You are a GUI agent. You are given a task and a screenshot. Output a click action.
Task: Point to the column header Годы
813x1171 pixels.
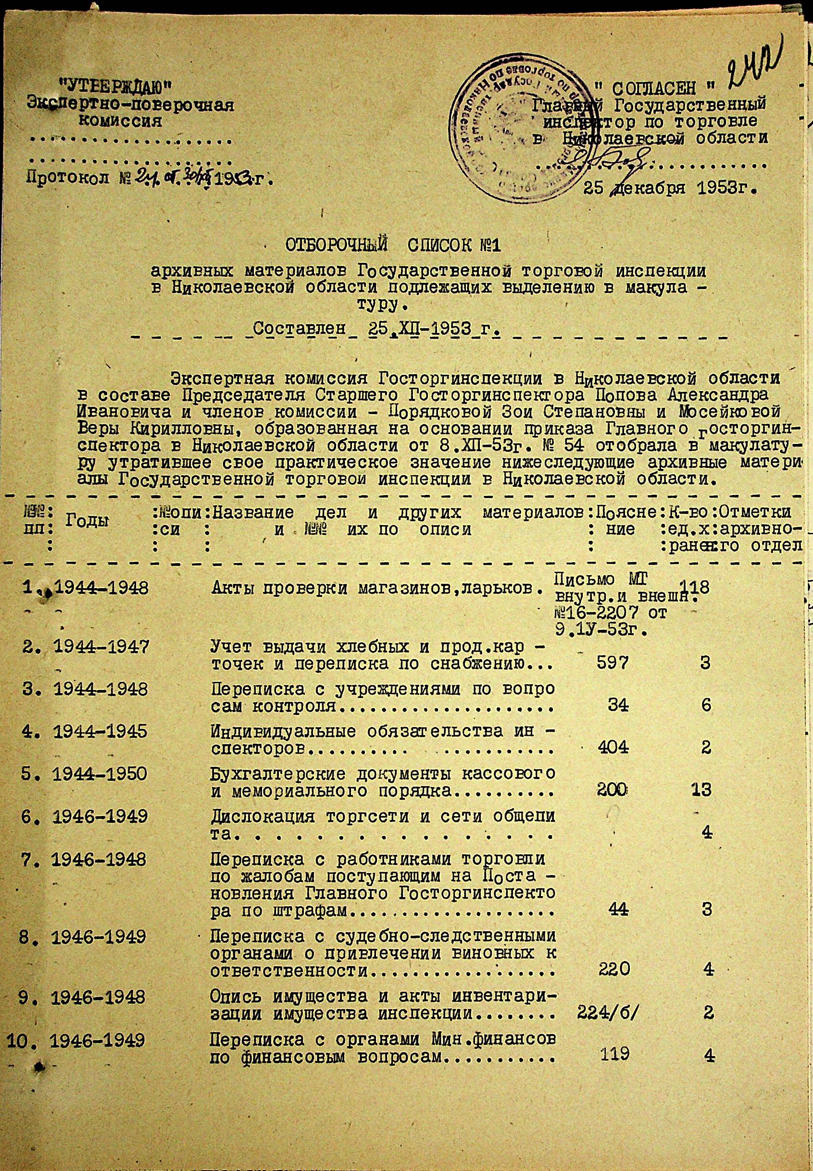pos(87,520)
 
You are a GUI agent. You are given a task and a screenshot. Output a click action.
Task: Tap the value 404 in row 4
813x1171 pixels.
pos(613,747)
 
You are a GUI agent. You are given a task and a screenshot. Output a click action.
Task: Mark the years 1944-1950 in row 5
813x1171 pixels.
pos(100,774)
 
